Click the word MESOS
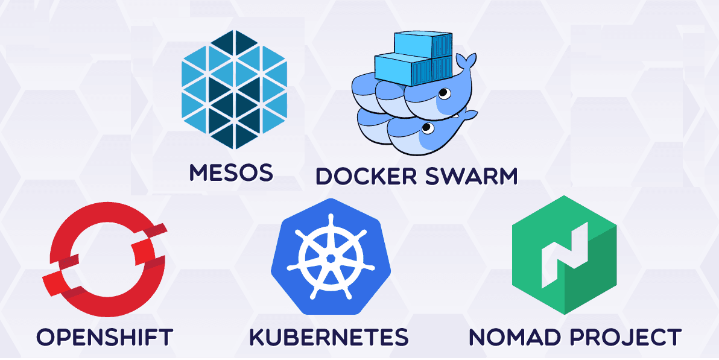(x=232, y=172)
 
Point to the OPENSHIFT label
(x=105, y=336)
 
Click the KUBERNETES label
(x=329, y=336)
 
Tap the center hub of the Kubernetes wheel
(x=331, y=257)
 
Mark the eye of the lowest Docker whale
(x=427, y=127)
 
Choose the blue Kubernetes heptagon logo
(x=331, y=257)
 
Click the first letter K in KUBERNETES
(x=259, y=336)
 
